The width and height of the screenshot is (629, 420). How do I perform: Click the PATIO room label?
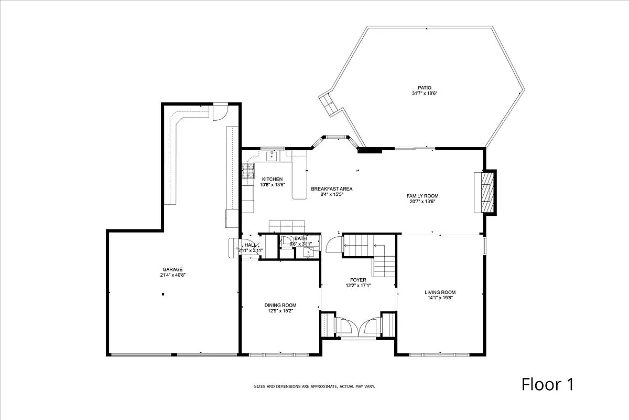424,88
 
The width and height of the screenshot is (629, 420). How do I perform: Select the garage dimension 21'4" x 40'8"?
173,275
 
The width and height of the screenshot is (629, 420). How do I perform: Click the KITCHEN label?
272,179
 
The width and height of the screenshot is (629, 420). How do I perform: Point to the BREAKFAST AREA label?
331,188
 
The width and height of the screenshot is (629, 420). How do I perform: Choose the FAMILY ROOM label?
422,196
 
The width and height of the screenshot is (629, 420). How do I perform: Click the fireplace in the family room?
487,192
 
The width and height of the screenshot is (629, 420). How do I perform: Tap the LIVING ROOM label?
440,292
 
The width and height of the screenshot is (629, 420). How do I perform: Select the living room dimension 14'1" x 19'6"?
440,298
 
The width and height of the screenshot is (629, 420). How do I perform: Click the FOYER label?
358,280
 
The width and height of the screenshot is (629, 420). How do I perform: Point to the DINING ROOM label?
280,305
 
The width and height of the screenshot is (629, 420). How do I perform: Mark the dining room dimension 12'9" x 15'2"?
280,311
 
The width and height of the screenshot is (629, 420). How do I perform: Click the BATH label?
300,238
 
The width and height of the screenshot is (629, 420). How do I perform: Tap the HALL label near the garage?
250,245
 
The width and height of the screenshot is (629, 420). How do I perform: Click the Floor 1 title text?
547,384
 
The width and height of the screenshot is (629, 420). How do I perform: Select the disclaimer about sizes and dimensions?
314,386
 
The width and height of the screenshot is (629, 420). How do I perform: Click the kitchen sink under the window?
273,155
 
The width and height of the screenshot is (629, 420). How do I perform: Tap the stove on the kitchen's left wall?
247,172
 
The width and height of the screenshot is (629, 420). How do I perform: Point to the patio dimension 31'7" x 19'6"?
424,93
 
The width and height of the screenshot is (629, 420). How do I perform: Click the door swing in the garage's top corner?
219,112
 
